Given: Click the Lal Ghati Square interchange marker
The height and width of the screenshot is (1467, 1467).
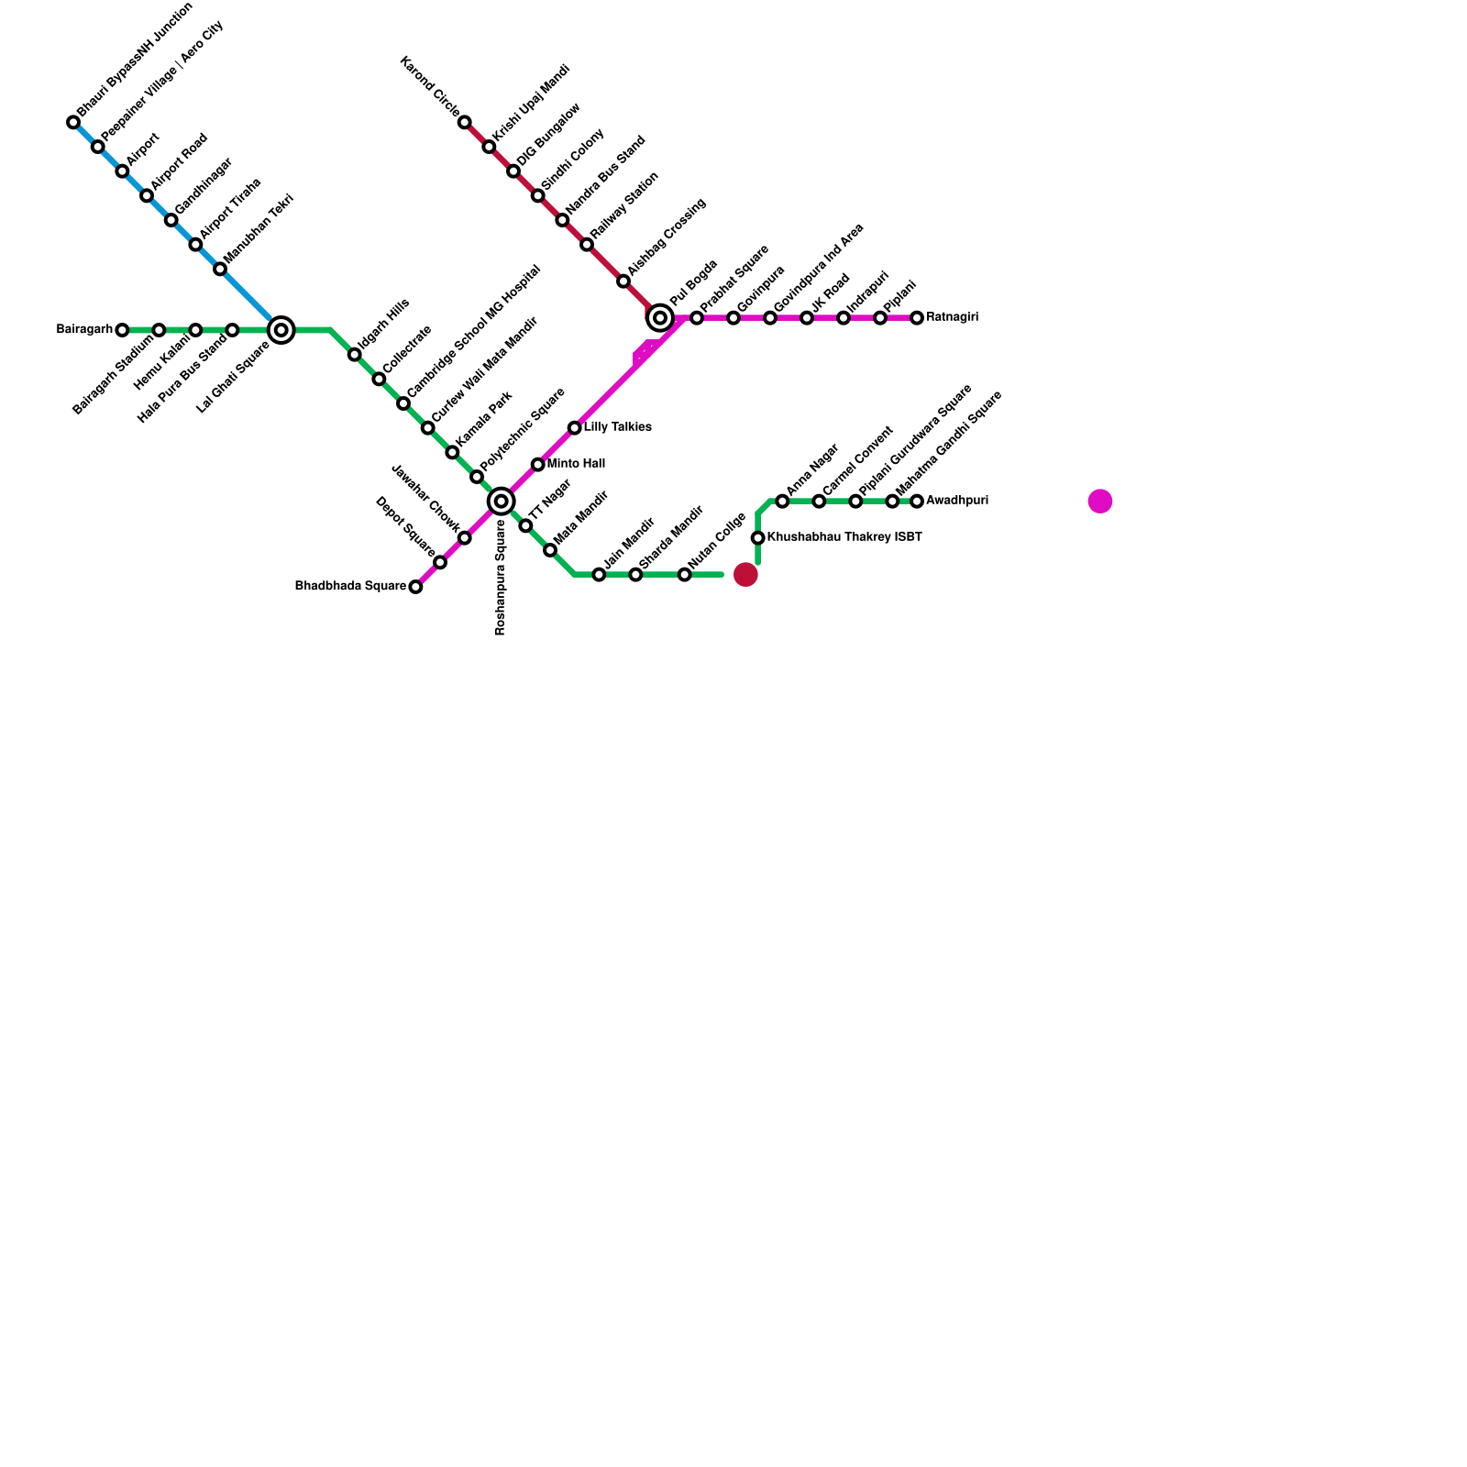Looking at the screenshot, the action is click(x=281, y=330).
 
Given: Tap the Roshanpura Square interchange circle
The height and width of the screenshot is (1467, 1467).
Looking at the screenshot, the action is click(x=501, y=501).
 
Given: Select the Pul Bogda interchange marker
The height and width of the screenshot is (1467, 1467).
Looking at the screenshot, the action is click(x=660, y=318).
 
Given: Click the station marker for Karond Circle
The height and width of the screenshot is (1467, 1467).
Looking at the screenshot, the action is click(x=465, y=123).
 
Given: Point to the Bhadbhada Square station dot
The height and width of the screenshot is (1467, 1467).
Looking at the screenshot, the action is click(x=415, y=587).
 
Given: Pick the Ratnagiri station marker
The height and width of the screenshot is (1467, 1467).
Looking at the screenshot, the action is click(x=917, y=318).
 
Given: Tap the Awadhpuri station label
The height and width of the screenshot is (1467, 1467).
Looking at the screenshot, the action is click(x=956, y=501).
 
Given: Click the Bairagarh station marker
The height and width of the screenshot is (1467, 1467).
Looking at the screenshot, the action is click(x=122, y=330).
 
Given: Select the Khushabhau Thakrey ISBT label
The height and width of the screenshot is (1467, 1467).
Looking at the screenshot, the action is click(x=844, y=537).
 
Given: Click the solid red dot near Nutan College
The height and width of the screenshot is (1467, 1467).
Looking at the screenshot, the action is click(x=745, y=575).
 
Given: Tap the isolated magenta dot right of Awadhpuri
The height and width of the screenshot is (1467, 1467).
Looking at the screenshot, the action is click(x=1100, y=502).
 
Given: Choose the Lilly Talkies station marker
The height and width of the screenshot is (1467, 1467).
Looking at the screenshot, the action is click(x=574, y=428).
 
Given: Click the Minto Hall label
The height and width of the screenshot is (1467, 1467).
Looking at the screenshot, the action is click(x=576, y=464).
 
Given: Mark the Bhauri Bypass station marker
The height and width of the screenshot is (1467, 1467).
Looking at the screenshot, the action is click(x=73, y=123).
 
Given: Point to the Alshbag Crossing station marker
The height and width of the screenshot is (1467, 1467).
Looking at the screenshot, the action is click(x=623, y=281).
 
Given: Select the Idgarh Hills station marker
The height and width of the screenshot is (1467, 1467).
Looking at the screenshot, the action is click(x=354, y=355).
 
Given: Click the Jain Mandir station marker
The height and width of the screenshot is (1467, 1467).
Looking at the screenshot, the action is click(x=599, y=575).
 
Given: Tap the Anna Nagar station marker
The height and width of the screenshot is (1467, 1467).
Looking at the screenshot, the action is click(x=782, y=502).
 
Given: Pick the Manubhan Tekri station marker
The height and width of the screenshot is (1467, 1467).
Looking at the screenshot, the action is click(x=220, y=269).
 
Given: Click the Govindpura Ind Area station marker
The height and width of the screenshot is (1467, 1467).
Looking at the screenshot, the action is click(x=770, y=318).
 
